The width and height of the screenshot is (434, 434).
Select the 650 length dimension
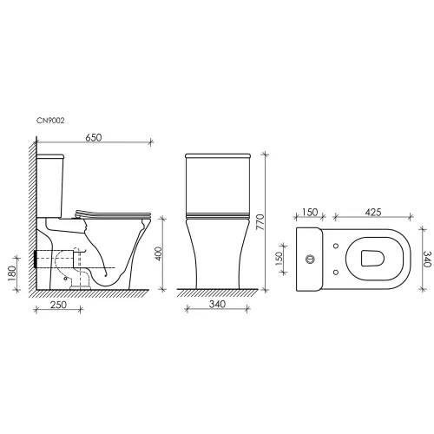click(92, 137)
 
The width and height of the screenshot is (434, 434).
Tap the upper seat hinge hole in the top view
click(335, 246)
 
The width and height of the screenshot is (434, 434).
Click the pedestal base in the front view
click(214, 269)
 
